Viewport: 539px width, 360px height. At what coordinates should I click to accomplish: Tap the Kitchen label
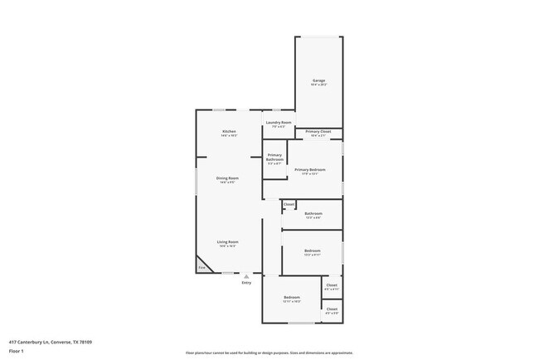pyautogui.click(x=229, y=132)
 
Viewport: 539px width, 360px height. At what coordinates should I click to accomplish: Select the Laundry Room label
pyautogui.click(x=278, y=123)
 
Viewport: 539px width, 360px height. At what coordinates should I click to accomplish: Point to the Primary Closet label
pyautogui.click(x=318, y=132)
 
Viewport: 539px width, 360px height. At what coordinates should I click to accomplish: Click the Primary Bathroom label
pyautogui.click(x=274, y=158)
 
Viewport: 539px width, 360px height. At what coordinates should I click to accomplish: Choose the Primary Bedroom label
pyautogui.click(x=309, y=170)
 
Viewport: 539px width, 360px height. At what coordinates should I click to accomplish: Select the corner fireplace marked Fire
pyautogui.click(x=202, y=267)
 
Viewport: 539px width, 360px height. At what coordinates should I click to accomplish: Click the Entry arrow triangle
pyautogui.click(x=246, y=276)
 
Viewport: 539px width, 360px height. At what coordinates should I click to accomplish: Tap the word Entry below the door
pyautogui.click(x=246, y=284)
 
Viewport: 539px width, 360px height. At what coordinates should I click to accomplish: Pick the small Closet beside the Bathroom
pyautogui.click(x=289, y=204)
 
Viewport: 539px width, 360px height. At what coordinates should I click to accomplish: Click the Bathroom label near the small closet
pyautogui.click(x=313, y=214)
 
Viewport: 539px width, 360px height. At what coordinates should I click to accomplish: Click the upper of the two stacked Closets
pyautogui.click(x=332, y=286)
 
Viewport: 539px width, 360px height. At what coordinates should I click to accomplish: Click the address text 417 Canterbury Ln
pyautogui.click(x=51, y=342)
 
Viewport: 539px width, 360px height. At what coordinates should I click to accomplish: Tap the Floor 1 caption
pyautogui.click(x=17, y=351)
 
